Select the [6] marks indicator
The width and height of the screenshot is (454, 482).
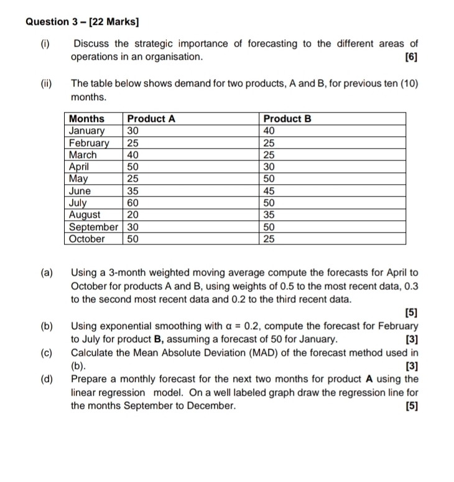pyautogui.click(x=410, y=57)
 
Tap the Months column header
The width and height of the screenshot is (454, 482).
pyautogui.click(x=87, y=119)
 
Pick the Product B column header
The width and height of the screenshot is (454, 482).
pyautogui.click(x=287, y=119)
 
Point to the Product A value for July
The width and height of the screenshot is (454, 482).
pyautogui.click(x=133, y=203)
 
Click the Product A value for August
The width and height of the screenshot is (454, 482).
pyautogui.click(x=133, y=215)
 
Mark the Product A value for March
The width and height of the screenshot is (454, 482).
pyautogui.click(x=133, y=155)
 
